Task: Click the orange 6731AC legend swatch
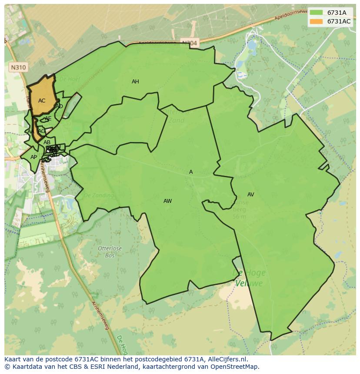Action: (316, 21)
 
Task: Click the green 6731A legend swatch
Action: (316, 13)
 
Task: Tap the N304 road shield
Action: (189, 43)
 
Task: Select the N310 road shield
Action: (18, 67)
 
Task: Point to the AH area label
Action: (135, 82)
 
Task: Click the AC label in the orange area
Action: (42, 101)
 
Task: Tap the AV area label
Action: (250, 195)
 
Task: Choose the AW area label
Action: (167, 201)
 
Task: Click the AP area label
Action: (33, 157)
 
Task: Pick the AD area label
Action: (59, 106)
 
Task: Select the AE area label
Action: (48, 119)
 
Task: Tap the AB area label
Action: (47, 142)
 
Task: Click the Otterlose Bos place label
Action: (110, 252)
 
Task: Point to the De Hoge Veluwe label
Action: (249, 278)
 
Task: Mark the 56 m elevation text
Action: (240, 216)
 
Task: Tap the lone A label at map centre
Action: (191, 172)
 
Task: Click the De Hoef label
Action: (68, 79)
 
